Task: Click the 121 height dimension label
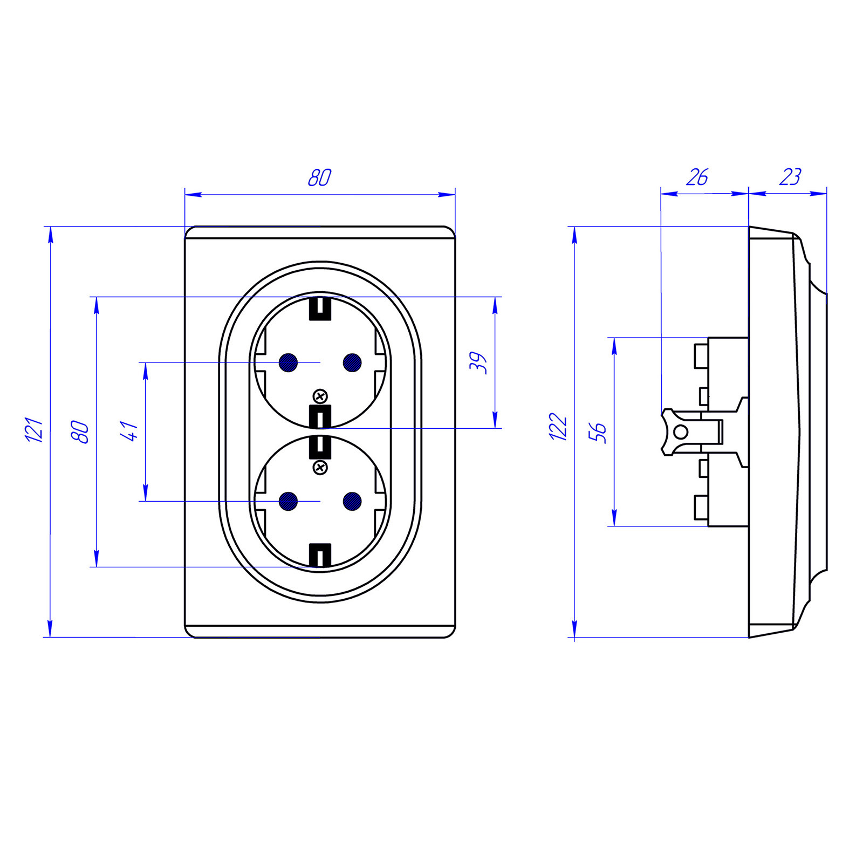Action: pos(34,429)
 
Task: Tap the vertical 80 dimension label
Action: pos(80,432)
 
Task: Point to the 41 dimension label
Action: pos(131,431)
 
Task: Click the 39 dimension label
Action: pos(478,362)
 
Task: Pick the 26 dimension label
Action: pos(697,177)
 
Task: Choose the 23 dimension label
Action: pos(790,177)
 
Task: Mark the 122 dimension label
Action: pos(558,427)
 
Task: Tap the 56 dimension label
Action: pos(598,433)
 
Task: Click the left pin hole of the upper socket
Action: pos(289,362)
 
